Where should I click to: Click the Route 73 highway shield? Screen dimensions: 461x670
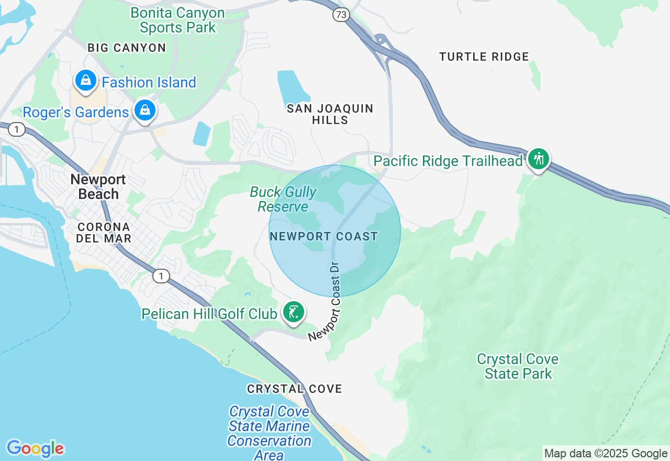(x=341, y=15)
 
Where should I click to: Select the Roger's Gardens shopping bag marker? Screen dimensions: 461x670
(x=145, y=111)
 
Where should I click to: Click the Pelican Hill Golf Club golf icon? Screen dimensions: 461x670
(x=293, y=312)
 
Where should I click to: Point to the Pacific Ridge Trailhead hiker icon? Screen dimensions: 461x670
(x=538, y=159)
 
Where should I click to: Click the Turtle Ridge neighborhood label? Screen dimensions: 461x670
(x=484, y=57)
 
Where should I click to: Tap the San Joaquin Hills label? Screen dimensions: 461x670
(x=330, y=114)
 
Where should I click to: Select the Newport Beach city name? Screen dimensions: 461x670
(x=98, y=186)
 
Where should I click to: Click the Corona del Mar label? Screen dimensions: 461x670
(x=104, y=233)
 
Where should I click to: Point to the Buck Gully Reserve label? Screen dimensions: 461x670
(x=283, y=199)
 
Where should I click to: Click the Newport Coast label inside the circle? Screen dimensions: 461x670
(x=323, y=236)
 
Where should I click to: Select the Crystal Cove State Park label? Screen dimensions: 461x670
(x=518, y=366)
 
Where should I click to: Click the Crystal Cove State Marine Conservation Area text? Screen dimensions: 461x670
(x=269, y=433)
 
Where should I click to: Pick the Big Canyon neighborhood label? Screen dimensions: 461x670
(x=127, y=48)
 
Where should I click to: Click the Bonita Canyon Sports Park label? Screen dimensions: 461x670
(x=177, y=20)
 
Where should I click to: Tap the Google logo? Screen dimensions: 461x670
(x=35, y=448)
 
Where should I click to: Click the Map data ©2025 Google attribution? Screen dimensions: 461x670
(x=606, y=454)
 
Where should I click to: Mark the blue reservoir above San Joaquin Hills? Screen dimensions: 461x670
(x=293, y=87)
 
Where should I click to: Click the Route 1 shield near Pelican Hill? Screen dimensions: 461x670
(x=161, y=276)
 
